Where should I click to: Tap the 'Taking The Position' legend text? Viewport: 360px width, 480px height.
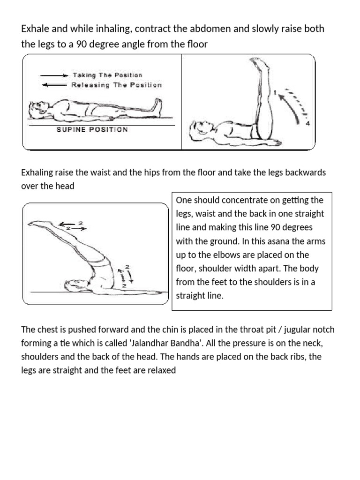click(x=107, y=75)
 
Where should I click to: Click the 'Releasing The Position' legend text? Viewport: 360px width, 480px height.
click(x=116, y=85)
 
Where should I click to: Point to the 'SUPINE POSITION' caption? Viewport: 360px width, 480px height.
click(x=92, y=129)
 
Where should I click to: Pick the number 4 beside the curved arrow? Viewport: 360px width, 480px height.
click(x=308, y=125)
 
